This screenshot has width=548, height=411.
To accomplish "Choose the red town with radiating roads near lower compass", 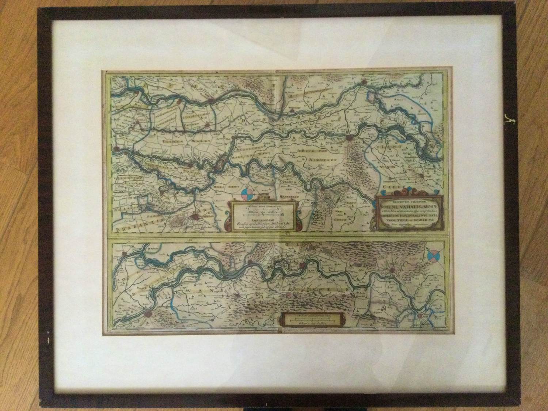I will (x=392, y=271).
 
